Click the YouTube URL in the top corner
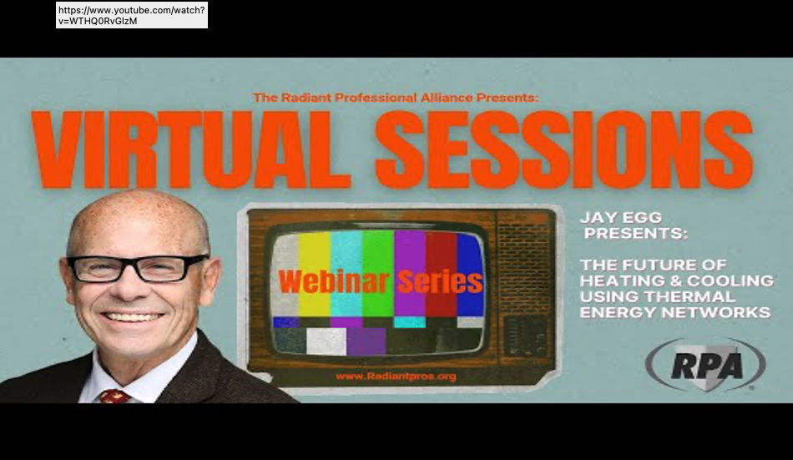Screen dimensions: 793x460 point(132,15)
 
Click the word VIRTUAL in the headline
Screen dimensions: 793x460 point(190,149)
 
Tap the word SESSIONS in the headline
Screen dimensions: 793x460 point(564,149)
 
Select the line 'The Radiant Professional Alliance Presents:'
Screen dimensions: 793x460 point(396,97)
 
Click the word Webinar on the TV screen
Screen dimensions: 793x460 point(334,281)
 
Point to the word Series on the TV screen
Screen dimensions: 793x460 point(440,281)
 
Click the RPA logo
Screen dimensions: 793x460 point(705,365)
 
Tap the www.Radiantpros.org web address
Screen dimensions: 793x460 point(396,376)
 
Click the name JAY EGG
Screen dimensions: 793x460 point(621,218)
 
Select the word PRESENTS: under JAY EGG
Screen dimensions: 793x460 point(636,233)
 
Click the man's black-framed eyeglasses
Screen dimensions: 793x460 point(138,269)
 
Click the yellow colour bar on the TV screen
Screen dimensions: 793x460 point(314,274)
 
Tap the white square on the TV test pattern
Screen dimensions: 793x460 point(326,341)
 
